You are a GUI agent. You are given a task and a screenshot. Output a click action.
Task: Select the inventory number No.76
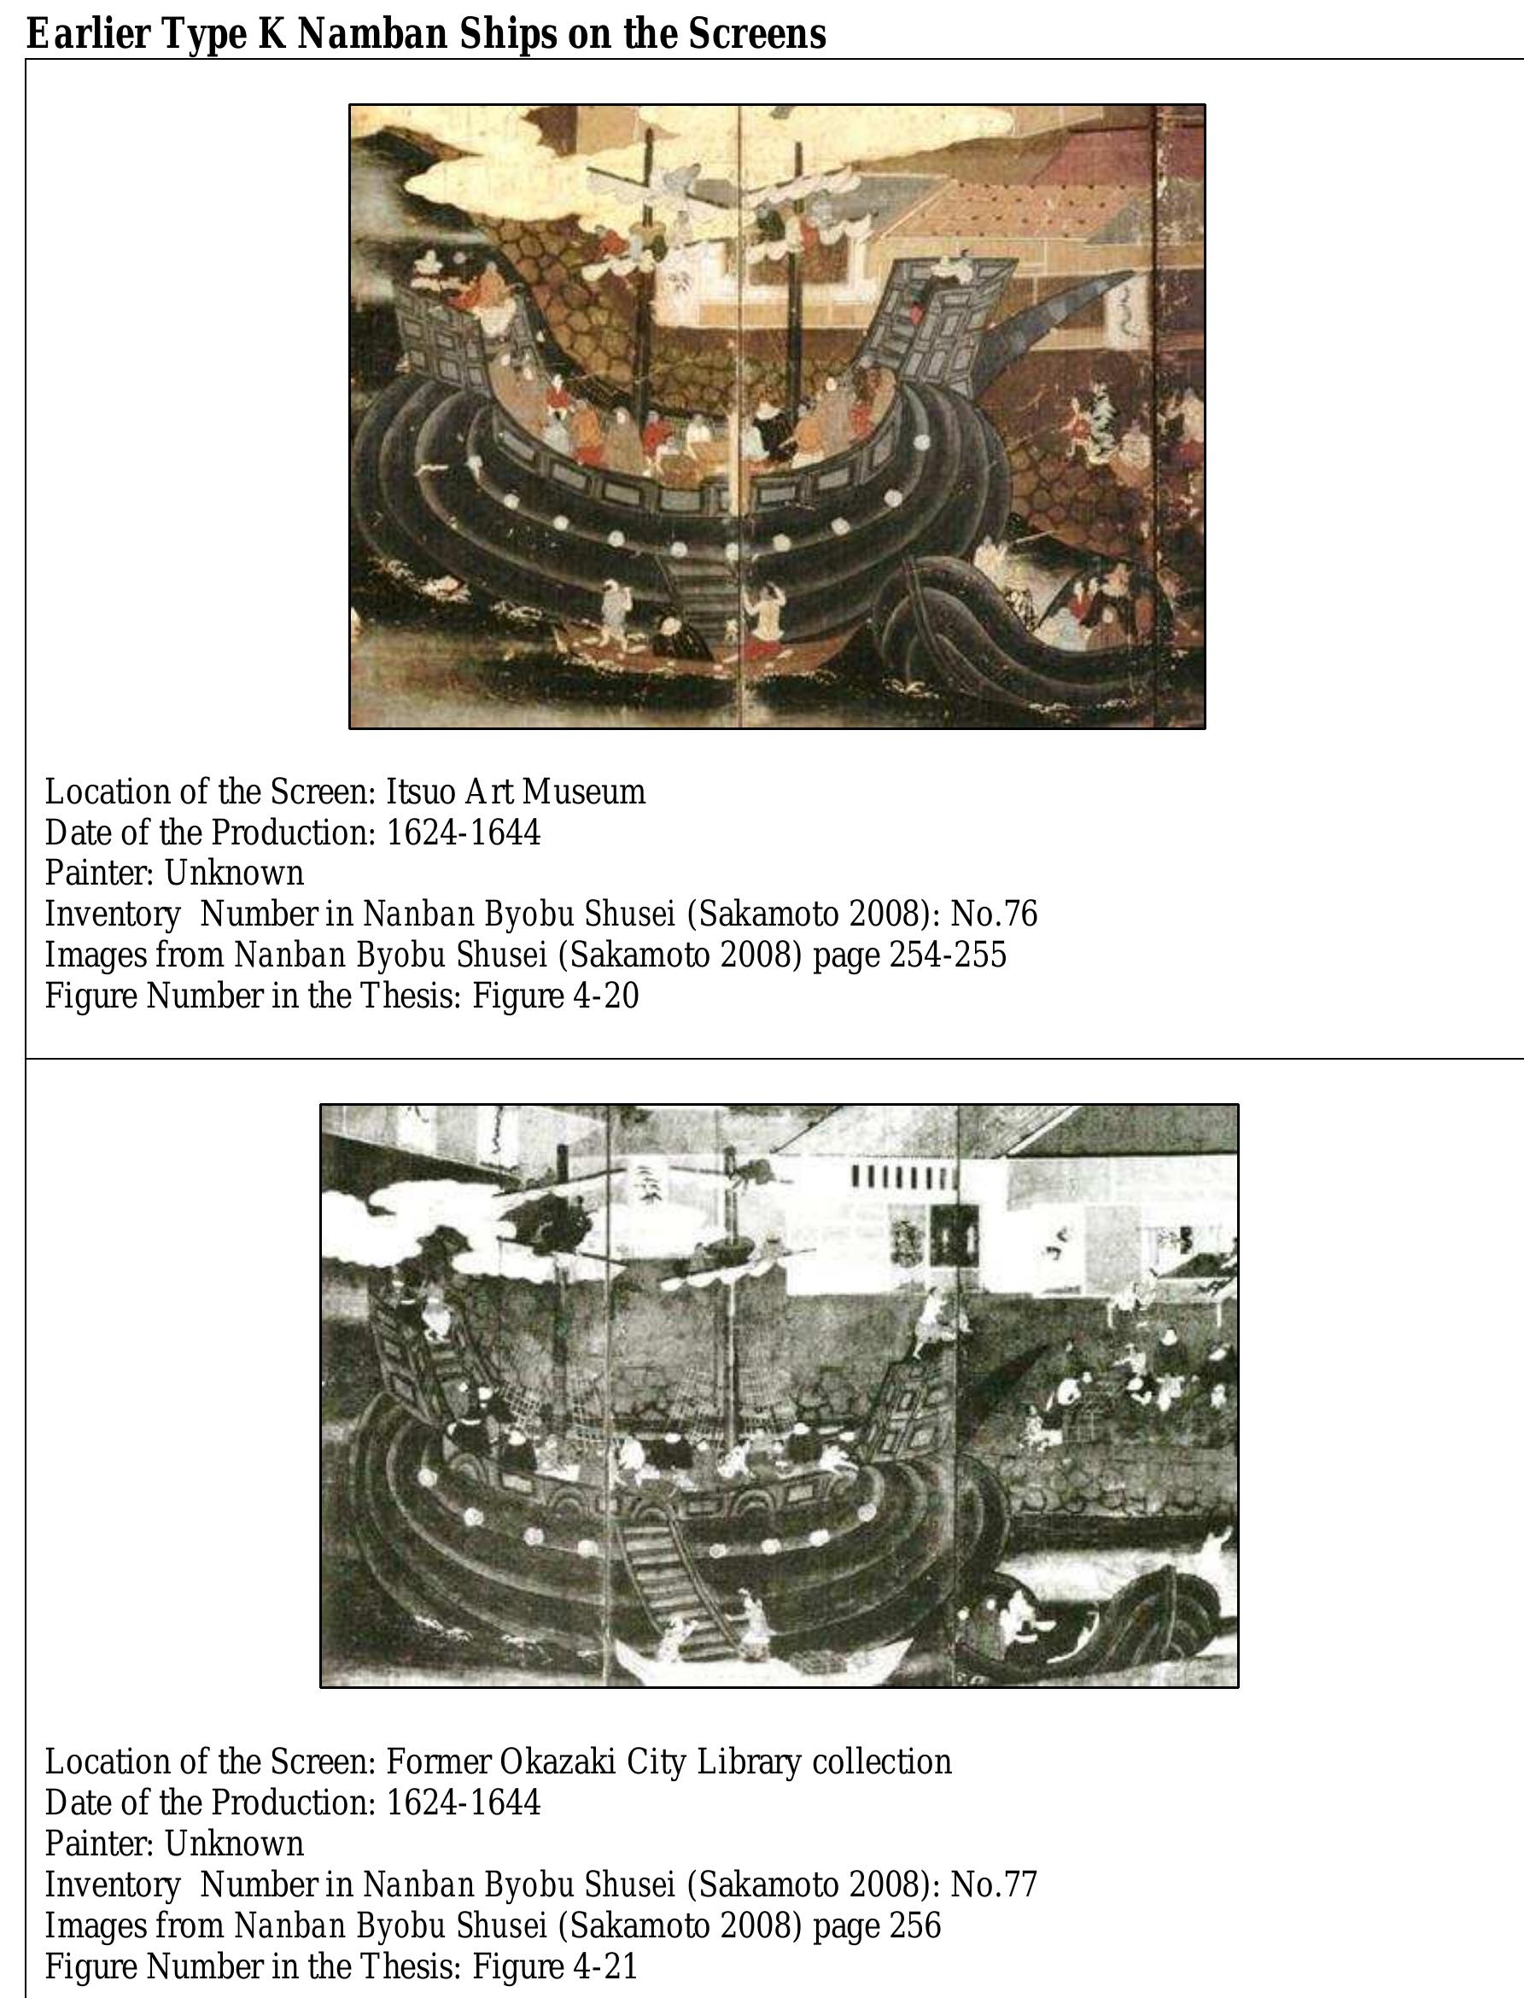pos(993,914)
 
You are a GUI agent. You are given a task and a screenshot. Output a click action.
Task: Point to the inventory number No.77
pos(993,1884)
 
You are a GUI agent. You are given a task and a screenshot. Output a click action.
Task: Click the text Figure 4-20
pos(556,996)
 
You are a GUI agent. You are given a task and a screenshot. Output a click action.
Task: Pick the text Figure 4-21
pos(556,1966)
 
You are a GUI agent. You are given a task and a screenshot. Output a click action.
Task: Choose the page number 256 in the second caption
pos(915,1925)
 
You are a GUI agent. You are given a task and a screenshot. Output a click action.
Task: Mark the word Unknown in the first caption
pos(234,873)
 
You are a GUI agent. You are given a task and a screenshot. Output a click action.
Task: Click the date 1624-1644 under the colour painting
pos(464,832)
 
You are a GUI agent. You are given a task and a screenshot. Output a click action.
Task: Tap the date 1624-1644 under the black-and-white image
pos(464,1802)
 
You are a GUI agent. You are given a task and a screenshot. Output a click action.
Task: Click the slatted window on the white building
pos(902,1177)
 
